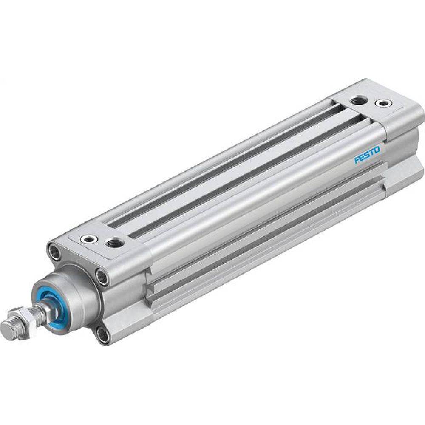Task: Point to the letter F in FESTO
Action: point(357,160)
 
